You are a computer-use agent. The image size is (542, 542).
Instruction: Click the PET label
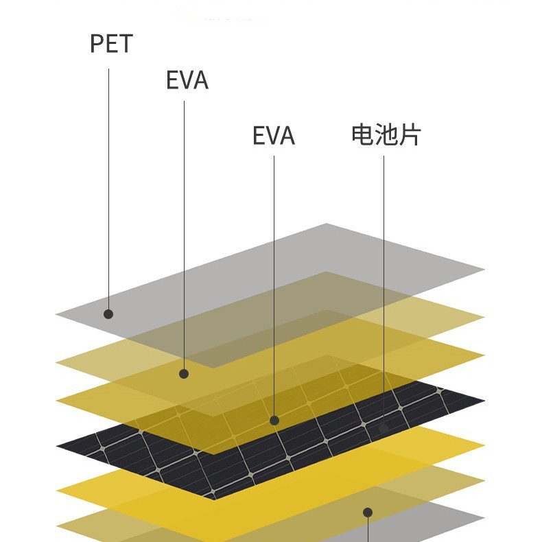110,44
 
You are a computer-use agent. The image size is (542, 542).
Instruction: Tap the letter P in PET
97,44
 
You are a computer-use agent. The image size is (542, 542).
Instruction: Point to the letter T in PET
125,44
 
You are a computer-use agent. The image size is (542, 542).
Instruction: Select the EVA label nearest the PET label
187,80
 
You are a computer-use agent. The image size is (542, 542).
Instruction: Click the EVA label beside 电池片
273,136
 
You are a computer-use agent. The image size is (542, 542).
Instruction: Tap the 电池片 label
386,134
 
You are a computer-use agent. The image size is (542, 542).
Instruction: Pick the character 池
386,134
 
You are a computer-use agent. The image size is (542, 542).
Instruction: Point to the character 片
409,134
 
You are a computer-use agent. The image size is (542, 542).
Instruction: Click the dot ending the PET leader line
108,314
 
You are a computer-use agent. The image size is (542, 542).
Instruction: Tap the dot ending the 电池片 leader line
384,428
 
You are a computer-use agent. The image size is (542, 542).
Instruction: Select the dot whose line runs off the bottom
368,512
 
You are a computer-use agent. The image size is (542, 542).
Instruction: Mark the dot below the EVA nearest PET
184,374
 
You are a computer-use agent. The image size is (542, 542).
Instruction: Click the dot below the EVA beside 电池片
274,420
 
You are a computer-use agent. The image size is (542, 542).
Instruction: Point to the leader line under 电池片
384,288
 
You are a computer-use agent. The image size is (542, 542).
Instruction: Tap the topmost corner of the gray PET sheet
327,224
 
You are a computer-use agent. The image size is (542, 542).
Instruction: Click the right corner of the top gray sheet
484,268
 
